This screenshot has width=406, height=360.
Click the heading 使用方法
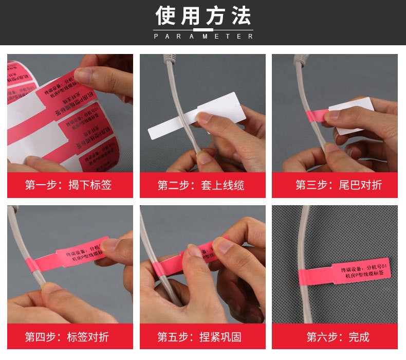tap(203, 16)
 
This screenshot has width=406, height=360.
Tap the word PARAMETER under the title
tap(203, 37)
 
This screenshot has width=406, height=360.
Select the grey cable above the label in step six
tap(305, 231)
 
